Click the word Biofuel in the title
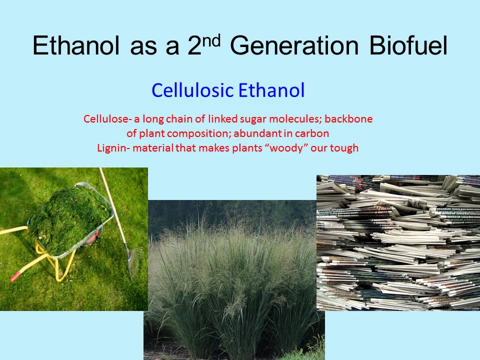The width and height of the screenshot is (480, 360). pos(408,46)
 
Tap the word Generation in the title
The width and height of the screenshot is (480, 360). pos(295,46)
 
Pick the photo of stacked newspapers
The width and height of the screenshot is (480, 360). pos(398,242)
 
